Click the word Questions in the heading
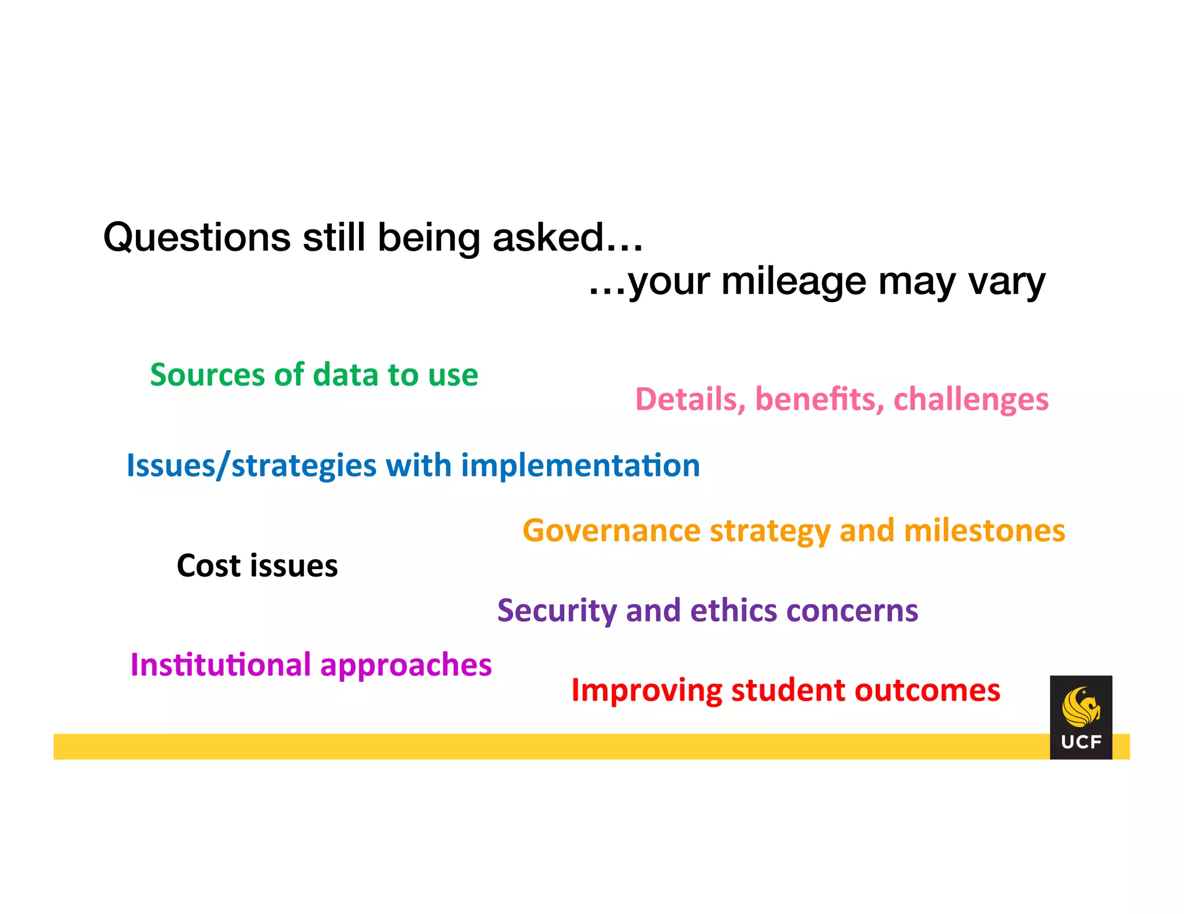pos(197,238)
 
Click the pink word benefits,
pos(819,399)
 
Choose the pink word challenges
pos(971,400)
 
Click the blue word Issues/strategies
pos(251,467)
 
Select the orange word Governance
pos(612,531)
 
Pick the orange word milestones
pos(984,531)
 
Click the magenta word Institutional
pos(220,665)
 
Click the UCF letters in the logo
pos(1081,742)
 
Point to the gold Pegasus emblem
pos(1080,707)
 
